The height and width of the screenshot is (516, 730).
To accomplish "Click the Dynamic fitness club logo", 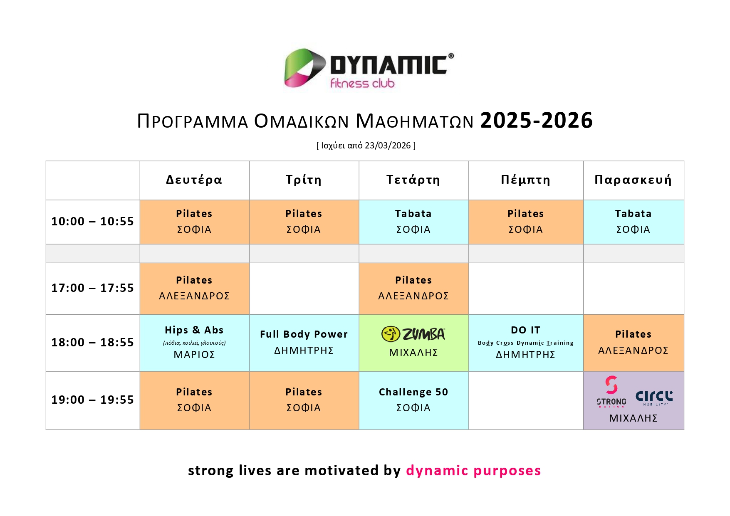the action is (x=369, y=68).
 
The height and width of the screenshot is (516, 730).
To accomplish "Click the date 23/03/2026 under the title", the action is (x=388, y=146).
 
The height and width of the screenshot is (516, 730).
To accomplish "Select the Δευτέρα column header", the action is (x=194, y=180).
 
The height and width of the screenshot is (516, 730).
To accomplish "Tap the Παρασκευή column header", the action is (x=633, y=180).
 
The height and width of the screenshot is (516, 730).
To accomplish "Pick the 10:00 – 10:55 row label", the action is (x=92, y=221).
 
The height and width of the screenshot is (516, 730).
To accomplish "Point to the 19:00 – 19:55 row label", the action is (x=92, y=400).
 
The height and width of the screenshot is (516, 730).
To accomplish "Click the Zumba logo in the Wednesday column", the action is (x=413, y=334).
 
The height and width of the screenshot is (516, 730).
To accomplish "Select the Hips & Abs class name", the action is (x=194, y=330).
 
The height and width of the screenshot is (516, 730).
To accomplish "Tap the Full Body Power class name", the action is (x=304, y=334).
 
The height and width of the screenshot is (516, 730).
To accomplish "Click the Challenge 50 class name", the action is (x=413, y=392).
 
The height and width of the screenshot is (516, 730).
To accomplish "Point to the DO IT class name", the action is (x=526, y=330).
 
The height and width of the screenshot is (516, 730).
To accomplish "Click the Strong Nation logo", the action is (x=611, y=391).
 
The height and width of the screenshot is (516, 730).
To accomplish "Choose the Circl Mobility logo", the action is (x=654, y=398).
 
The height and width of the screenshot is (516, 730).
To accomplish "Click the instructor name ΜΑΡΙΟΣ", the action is (x=194, y=355).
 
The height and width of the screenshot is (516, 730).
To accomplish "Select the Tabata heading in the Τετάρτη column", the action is (x=413, y=214).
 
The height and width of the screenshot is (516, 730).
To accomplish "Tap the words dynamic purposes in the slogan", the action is (x=473, y=471).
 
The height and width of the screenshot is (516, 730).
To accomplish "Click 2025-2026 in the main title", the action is (x=537, y=121).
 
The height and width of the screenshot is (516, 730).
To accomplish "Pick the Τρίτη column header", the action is (x=304, y=180).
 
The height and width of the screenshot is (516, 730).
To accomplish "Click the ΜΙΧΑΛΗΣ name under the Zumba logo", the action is (x=413, y=353).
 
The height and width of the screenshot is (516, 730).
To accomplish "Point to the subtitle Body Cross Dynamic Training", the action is (x=526, y=343).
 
